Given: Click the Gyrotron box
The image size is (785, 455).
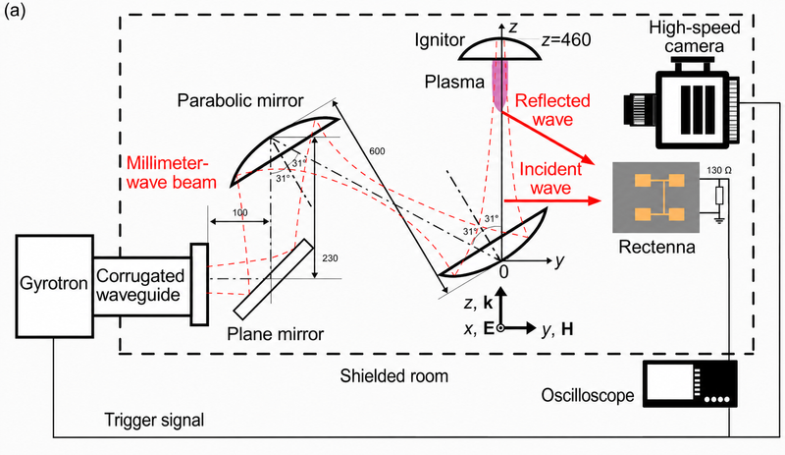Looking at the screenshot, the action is click(x=55, y=286).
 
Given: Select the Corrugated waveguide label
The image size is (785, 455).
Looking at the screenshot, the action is click(x=140, y=285).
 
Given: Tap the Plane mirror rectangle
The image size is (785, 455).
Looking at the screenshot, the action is click(x=274, y=279).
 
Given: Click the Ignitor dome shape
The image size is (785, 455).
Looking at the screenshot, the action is click(x=500, y=50).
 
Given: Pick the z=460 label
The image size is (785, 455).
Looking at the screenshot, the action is click(x=566, y=39).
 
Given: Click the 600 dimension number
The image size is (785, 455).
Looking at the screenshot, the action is click(x=377, y=151).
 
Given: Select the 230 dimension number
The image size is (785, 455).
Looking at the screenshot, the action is click(x=330, y=257).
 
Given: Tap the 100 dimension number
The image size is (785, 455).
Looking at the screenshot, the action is click(x=239, y=212).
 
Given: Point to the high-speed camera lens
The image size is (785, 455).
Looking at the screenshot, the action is click(x=635, y=110).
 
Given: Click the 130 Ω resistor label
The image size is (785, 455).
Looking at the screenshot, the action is click(x=719, y=171).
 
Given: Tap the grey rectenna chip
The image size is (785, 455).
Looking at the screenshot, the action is click(x=655, y=198).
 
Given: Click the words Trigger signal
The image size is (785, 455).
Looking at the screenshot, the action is click(x=154, y=420).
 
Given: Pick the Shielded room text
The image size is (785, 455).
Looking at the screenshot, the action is click(x=394, y=375).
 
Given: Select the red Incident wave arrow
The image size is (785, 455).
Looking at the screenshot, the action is click(x=552, y=201).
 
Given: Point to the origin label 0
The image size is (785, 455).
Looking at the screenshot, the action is click(x=503, y=271).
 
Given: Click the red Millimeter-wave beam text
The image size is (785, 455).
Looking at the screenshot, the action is click(x=171, y=173).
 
